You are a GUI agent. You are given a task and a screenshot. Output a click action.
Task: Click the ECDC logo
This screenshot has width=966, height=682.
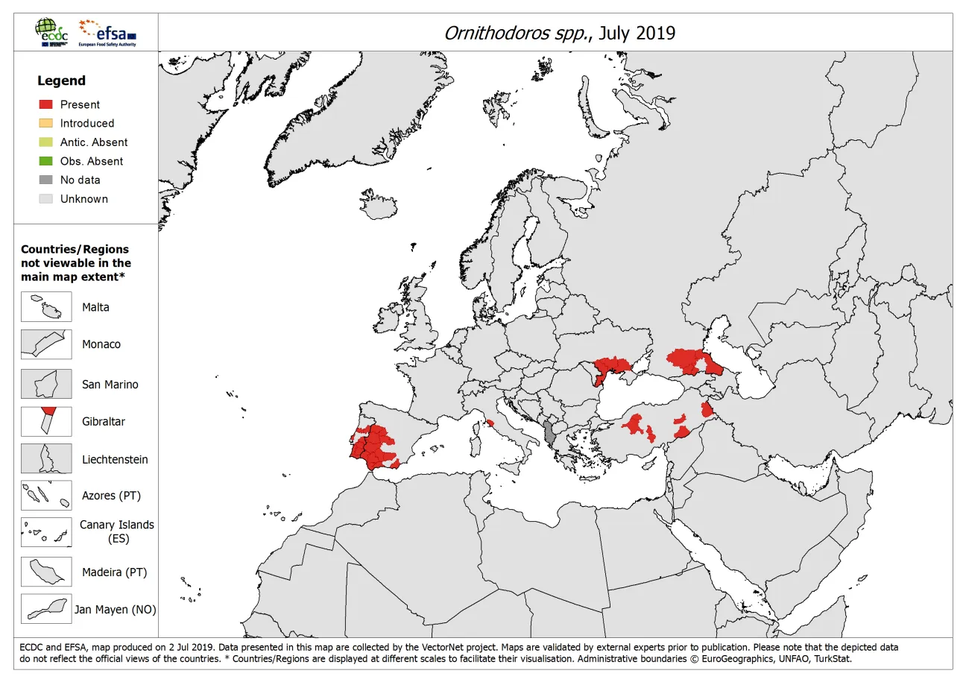tap(50, 34)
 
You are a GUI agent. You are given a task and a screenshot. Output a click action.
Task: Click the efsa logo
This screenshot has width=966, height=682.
tap(107, 34)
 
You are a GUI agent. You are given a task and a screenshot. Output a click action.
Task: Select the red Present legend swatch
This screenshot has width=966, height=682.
tap(46, 104)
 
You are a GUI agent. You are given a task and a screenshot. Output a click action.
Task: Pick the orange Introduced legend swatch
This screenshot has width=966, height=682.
tap(46, 123)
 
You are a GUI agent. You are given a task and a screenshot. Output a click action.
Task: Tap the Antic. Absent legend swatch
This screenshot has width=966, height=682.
tap(46, 142)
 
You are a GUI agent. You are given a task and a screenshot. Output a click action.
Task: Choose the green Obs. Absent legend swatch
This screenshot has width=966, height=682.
tap(46, 161)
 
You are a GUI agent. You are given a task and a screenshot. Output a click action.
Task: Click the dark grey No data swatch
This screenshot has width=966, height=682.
tap(46, 180)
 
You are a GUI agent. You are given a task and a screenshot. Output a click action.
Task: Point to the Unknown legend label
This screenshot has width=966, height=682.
tap(83, 199)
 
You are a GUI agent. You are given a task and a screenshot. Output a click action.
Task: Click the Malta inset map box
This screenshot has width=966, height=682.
tap(46, 306)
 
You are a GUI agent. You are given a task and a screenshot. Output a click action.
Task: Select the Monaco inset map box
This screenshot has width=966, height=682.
tap(46, 344)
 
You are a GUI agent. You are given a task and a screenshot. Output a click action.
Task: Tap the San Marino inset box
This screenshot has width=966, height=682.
tap(46, 384)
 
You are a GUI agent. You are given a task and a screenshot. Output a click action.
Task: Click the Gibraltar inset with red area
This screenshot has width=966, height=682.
tap(46, 421)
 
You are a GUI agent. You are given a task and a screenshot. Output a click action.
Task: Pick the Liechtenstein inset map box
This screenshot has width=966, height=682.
tap(46, 459)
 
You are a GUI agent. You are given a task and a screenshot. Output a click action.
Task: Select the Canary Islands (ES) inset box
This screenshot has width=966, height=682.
tap(46, 532)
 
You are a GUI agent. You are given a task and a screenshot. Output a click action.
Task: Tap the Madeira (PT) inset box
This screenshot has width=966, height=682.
tap(46, 572)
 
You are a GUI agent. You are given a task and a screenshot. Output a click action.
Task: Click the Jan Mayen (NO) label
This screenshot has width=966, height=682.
tap(115, 610)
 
